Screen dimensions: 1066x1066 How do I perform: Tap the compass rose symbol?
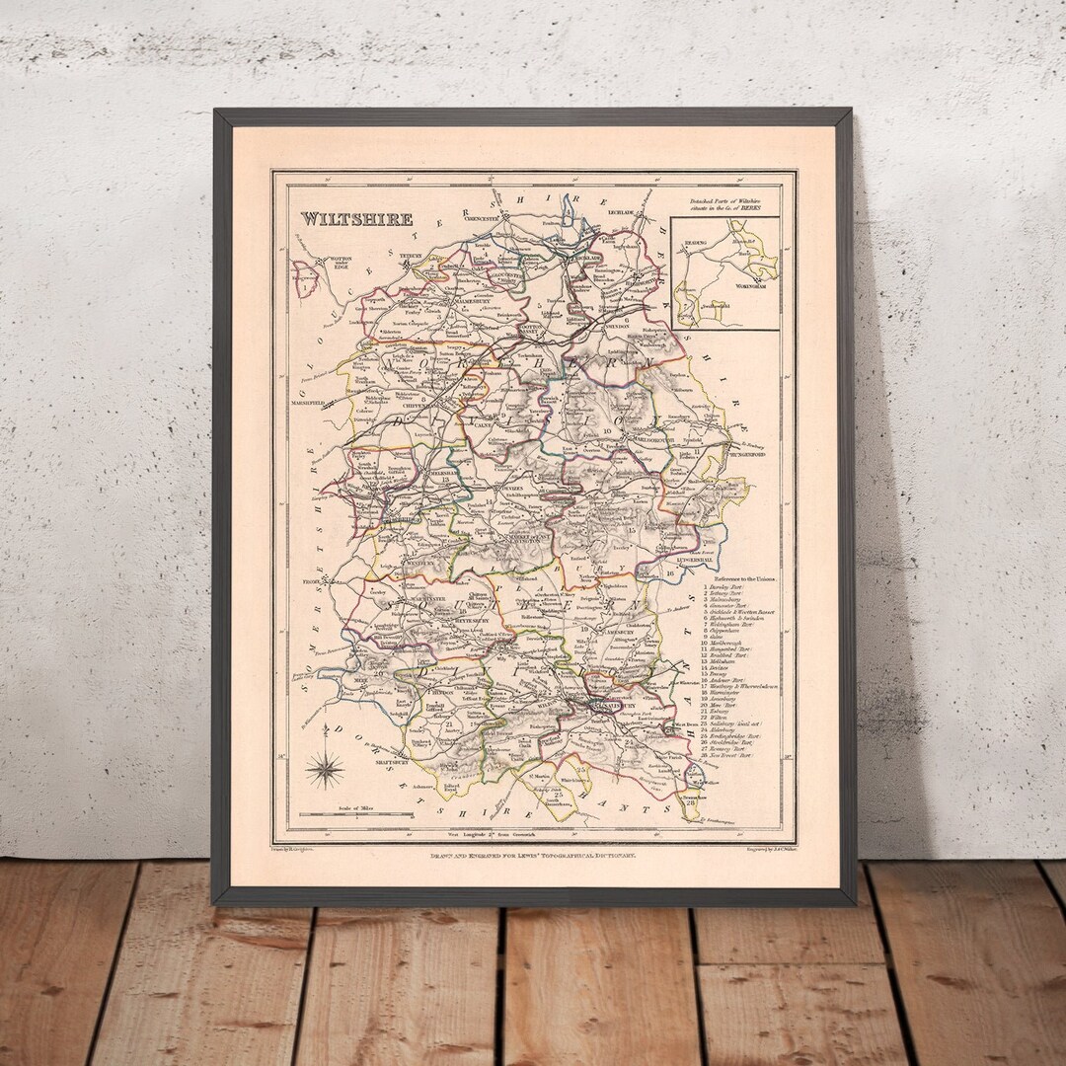[x=324, y=770]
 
